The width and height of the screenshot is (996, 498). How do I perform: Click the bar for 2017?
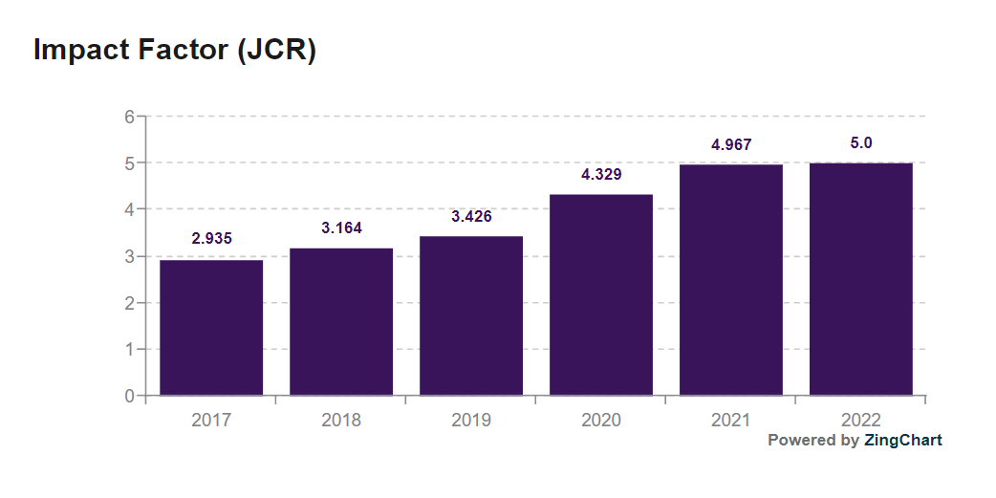pyautogui.click(x=211, y=327)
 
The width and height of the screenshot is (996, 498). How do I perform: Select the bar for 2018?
pyautogui.click(x=341, y=321)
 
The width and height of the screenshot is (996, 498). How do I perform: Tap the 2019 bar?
pyautogui.click(x=471, y=315)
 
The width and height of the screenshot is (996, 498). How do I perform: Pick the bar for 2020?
pyautogui.click(x=601, y=294)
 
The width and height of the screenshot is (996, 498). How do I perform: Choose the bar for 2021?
pyautogui.click(x=731, y=279)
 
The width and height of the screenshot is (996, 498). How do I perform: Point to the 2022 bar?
pyautogui.click(x=861, y=278)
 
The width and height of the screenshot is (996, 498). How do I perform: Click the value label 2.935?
pyautogui.click(x=211, y=238)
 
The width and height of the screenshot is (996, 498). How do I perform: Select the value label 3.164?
pyautogui.click(x=341, y=227)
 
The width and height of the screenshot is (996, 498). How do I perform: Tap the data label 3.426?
pyautogui.click(x=471, y=216)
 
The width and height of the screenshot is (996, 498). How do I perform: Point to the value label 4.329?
pyautogui.click(x=601, y=174)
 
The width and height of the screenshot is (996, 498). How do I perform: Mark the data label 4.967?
pyautogui.click(x=731, y=145)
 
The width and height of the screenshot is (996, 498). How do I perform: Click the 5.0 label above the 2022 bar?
pyautogui.click(x=861, y=143)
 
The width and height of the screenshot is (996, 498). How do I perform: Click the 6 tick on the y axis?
pyautogui.click(x=129, y=117)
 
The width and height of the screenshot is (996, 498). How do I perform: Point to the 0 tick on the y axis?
pyautogui.click(x=129, y=396)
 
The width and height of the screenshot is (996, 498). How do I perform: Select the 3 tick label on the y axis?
pyautogui.click(x=129, y=256)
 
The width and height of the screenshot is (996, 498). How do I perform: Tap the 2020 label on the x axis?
pyautogui.click(x=601, y=421)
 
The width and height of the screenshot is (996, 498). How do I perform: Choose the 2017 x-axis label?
pyautogui.click(x=211, y=421)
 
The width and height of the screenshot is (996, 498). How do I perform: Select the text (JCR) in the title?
pyautogui.click(x=276, y=50)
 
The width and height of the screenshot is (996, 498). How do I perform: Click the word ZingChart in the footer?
pyautogui.click(x=902, y=441)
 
